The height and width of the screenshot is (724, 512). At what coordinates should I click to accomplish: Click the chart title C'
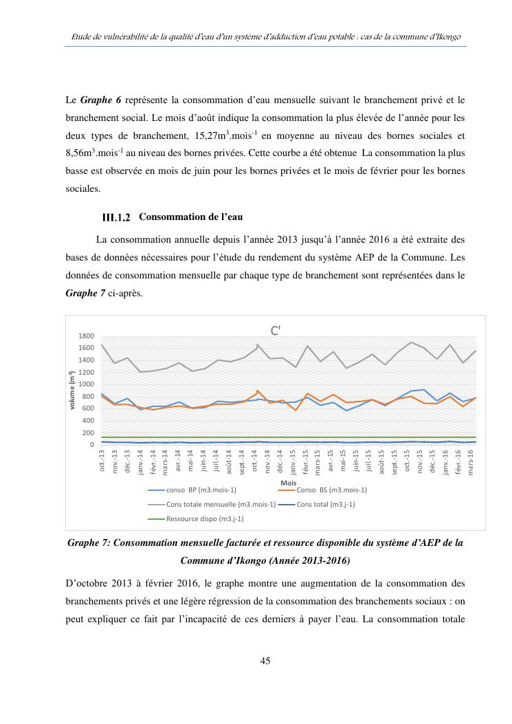(275, 330)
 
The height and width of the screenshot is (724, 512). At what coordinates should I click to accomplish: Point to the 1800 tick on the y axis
(86, 336)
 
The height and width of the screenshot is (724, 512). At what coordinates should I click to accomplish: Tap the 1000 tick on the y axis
(86, 384)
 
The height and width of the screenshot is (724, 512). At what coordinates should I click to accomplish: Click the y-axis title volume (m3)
(73, 391)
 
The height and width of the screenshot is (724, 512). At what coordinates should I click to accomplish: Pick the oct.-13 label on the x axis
(103, 462)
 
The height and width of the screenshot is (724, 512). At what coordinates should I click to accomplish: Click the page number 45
(265, 661)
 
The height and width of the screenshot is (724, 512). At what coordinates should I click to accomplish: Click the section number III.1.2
(116, 218)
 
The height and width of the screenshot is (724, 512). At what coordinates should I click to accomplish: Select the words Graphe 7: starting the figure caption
(87, 543)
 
